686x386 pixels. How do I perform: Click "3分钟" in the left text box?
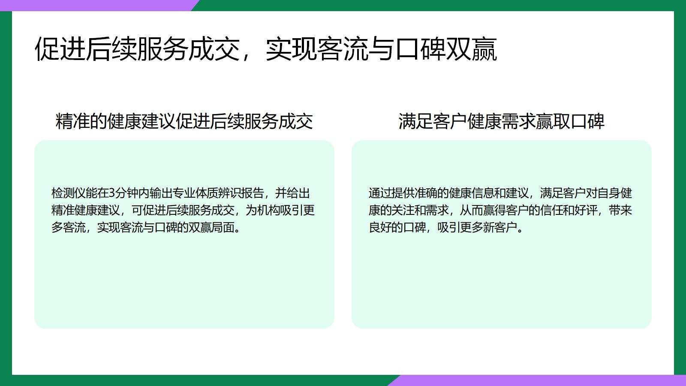(120, 193)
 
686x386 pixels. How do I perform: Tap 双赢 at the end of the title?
(472, 49)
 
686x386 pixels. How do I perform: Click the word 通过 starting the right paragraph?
(380, 193)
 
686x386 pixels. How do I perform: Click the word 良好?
(380, 228)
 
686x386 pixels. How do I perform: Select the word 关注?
(403, 211)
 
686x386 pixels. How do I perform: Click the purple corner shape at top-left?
(98, 6)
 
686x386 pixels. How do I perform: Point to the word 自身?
(608, 193)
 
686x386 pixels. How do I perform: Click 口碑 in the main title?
(421, 49)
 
